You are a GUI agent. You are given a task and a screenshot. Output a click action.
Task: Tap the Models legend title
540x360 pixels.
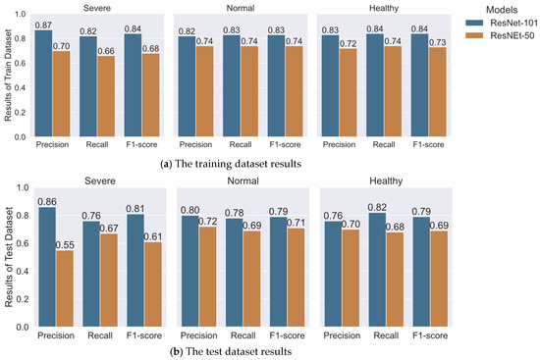502,10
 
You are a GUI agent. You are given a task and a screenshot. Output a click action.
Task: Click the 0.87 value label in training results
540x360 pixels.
43,26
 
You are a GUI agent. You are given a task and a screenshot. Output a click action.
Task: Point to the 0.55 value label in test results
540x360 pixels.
65,245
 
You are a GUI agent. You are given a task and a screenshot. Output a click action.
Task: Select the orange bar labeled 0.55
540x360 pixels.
65,288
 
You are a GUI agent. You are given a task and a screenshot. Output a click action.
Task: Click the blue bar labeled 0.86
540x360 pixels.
47,267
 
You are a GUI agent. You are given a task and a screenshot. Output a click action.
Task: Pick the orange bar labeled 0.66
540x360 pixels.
106,96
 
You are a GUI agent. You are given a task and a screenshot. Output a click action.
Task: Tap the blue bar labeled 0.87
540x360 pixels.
43,83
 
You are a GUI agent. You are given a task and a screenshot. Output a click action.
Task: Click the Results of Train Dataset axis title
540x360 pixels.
8,75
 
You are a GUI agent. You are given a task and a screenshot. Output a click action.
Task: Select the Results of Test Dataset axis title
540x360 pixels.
9,257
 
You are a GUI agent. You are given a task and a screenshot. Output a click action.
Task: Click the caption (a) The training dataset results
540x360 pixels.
231,164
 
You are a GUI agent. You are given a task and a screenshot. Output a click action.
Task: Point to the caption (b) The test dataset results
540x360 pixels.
231,351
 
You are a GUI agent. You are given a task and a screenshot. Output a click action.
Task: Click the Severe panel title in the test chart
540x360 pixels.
100,181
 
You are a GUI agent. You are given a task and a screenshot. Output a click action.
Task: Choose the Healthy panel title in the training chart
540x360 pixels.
384,8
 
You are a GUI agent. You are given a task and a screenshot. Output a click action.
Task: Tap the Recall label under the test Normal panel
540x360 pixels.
243,335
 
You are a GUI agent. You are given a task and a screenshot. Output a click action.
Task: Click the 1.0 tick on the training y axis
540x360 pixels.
21,14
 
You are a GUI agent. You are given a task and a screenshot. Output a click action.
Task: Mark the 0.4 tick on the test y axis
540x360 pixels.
22,271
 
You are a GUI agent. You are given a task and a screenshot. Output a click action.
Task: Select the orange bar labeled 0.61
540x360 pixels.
153,284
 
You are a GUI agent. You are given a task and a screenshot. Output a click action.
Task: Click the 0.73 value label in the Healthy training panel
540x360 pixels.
437,42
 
